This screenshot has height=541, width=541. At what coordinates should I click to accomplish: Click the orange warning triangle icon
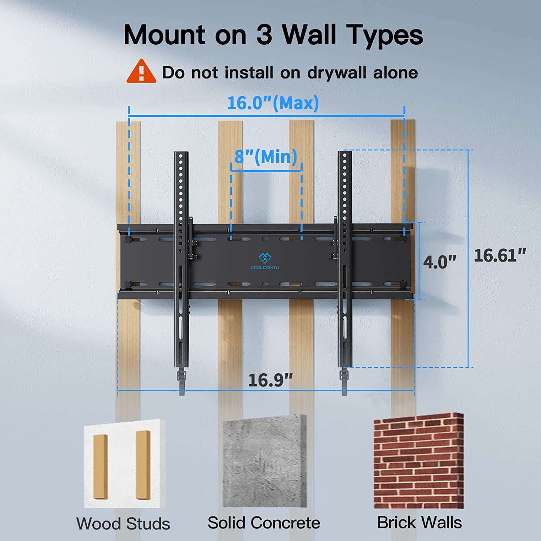pyautogui.click(x=141, y=72)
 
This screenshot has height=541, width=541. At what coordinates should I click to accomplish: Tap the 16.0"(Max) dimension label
pyautogui.click(x=273, y=103)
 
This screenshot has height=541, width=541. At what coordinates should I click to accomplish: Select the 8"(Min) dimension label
pyautogui.click(x=266, y=157)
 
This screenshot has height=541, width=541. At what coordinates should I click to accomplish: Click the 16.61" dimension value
pyautogui.click(x=500, y=255)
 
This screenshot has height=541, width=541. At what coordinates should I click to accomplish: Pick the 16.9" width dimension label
pyautogui.click(x=270, y=380)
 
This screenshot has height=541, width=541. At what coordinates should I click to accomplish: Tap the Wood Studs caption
pyautogui.click(x=123, y=524)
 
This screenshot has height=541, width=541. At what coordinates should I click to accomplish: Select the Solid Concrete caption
pyautogui.click(x=264, y=523)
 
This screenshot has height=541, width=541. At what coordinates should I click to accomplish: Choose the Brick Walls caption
pyautogui.click(x=419, y=522)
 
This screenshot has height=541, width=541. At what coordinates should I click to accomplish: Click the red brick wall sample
pyautogui.click(x=418, y=462)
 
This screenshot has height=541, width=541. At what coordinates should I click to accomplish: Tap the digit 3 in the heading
pyautogui.click(x=264, y=35)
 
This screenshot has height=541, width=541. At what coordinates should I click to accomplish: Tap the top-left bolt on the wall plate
pyautogui.click(x=128, y=239)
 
